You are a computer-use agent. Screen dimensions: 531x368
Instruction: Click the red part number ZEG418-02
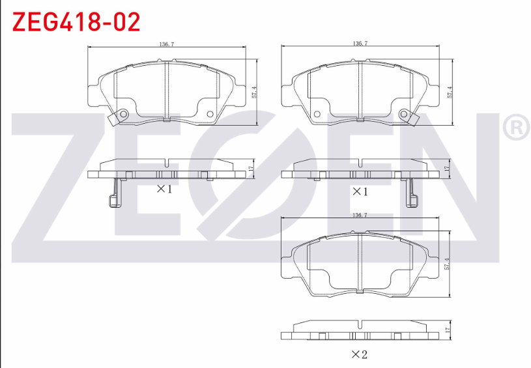(x=76, y=22)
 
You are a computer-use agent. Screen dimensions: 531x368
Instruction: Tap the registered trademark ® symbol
(x=517, y=126)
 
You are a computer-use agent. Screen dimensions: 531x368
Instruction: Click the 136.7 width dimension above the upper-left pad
(x=167, y=44)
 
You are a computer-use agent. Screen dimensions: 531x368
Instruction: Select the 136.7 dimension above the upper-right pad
(x=360, y=44)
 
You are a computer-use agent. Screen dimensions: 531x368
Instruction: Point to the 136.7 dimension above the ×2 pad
(x=360, y=215)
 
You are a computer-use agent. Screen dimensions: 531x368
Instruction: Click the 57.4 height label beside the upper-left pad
(x=254, y=92)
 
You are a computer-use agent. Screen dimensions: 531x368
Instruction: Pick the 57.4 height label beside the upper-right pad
(x=450, y=92)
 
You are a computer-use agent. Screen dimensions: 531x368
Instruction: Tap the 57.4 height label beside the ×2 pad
(x=447, y=264)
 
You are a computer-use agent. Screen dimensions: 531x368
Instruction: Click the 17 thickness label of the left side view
(x=251, y=168)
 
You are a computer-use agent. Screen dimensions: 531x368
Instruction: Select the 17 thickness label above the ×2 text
(x=447, y=329)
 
